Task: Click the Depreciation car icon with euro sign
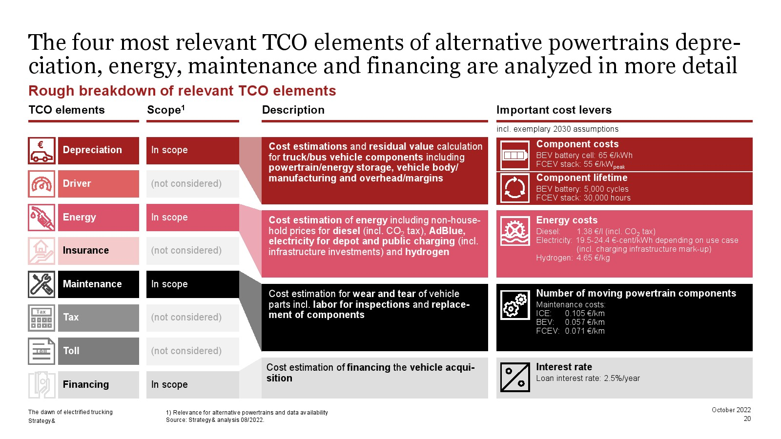(x=41, y=151)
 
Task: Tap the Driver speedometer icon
(x=41, y=184)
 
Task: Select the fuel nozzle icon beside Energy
(x=41, y=218)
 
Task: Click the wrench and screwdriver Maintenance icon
(x=41, y=284)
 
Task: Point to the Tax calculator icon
(x=41, y=318)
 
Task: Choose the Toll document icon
(x=41, y=351)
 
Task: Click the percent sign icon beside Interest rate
(x=515, y=378)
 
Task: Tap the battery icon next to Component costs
(x=515, y=155)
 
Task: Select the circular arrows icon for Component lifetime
(x=515, y=188)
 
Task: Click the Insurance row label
(x=86, y=251)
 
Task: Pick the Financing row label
(x=86, y=384)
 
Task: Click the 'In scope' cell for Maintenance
(x=192, y=284)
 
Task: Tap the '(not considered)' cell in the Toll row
(x=192, y=351)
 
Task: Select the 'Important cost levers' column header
(x=554, y=110)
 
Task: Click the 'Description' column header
(x=293, y=110)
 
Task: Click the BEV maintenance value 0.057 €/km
(x=585, y=322)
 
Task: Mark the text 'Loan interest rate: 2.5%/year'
(x=588, y=379)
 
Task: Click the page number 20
(x=747, y=419)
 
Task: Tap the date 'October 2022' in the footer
(x=731, y=410)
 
